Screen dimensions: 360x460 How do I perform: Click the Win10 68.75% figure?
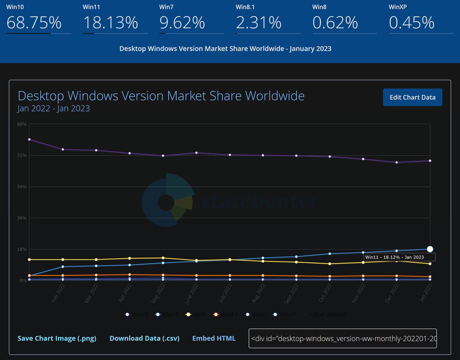pyautogui.click(x=34, y=23)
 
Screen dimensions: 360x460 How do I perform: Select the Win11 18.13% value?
pyautogui.click(x=110, y=23)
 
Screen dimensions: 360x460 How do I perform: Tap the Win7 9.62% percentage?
pyautogui.click(x=182, y=23)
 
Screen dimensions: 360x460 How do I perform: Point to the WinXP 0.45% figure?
pyautogui.click(x=412, y=23)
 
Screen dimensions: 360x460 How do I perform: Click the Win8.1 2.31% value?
pyautogui.click(x=259, y=23)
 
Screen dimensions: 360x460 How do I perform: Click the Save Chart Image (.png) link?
pyautogui.click(x=57, y=339)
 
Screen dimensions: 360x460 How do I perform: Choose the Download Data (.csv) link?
pyautogui.click(x=145, y=339)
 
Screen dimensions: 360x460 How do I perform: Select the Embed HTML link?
pyautogui.click(x=214, y=339)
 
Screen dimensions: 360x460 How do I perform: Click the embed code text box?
pyautogui.click(x=343, y=338)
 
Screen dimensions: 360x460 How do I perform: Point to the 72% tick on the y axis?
pyautogui.click(x=21, y=155)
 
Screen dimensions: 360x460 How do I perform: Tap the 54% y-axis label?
pyautogui.click(x=21, y=187)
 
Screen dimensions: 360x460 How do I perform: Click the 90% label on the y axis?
pyautogui.click(x=21, y=124)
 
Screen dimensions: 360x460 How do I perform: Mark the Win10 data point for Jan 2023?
pyautogui.click(x=430, y=161)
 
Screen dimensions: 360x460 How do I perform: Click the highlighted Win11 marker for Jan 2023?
pyautogui.click(x=430, y=249)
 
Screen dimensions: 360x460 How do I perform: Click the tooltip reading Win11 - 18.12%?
pyautogui.click(x=399, y=257)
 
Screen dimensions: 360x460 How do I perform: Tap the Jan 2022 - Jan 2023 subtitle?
pyautogui.click(x=54, y=109)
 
